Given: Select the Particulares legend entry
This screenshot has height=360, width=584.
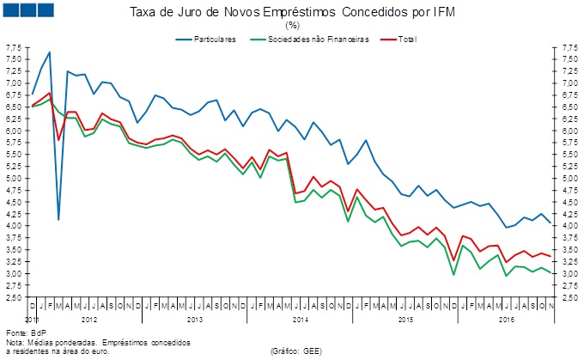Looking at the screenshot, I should [x=213, y=40].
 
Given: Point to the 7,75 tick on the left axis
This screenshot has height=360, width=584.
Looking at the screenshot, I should [x=14, y=47].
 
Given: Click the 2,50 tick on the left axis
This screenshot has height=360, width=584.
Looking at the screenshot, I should [x=14, y=297].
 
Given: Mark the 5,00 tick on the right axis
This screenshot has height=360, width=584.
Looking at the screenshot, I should [x=569, y=179].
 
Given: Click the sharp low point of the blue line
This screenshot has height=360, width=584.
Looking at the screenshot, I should [x=58, y=220].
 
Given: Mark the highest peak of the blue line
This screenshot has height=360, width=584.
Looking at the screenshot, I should [x=50, y=52].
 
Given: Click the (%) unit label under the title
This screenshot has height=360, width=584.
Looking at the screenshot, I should [x=293, y=26].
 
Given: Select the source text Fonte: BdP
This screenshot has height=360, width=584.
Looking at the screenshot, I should [x=26, y=333].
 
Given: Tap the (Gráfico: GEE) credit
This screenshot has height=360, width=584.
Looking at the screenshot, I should [x=296, y=351].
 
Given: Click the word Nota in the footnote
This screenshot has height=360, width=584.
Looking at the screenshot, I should [x=15, y=342].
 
